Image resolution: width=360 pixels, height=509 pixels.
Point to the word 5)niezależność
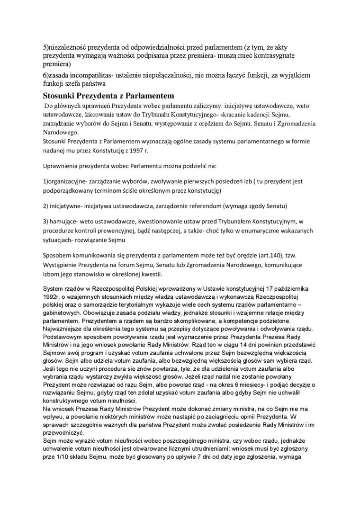[x=67, y=47]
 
